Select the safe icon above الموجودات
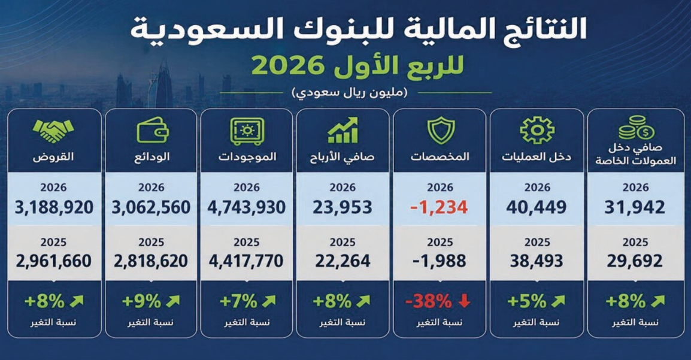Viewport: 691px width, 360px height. click(246, 131)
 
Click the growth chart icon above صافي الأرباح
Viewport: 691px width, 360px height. click(343, 131)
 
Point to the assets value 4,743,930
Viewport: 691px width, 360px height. click(246, 207)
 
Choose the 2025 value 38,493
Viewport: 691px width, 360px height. click(537, 262)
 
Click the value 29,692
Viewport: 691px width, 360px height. click(635, 262)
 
